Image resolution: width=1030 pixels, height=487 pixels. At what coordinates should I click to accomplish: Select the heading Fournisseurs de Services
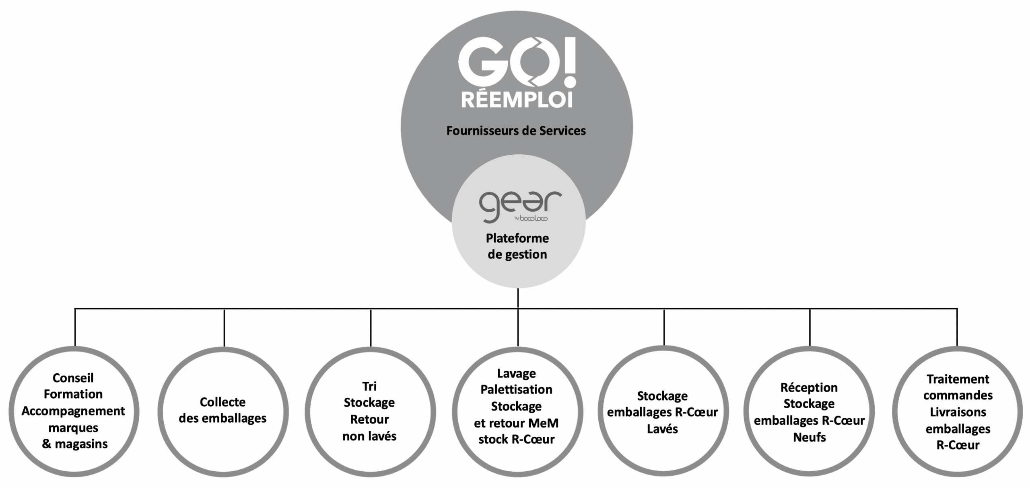pos(516,131)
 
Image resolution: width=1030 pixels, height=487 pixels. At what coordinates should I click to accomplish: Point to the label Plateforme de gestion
pos(517,246)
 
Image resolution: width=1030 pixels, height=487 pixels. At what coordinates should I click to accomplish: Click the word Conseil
pos(73,378)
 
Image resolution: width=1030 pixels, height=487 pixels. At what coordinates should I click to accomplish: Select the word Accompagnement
pos(73,411)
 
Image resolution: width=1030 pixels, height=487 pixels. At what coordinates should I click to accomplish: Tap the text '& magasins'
pos(75,444)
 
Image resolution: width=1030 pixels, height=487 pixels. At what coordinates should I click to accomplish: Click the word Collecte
pos(222,402)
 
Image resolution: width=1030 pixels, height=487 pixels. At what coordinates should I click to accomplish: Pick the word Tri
pos(369,386)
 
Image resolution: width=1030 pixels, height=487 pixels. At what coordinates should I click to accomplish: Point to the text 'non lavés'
pos(369,436)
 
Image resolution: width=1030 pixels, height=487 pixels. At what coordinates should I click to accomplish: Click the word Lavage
pos(517,373)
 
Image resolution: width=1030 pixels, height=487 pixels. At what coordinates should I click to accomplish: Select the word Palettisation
pos(517,389)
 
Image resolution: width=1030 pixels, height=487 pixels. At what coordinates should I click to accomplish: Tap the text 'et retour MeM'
pos(517,423)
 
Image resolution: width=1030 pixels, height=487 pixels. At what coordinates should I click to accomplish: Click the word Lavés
pos(662,429)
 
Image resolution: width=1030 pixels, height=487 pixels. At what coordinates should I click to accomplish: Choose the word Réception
pos(809,387)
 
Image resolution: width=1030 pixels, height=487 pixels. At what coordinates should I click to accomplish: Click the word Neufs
pos(809,437)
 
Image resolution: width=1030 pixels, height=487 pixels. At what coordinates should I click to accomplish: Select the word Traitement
pos(958,379)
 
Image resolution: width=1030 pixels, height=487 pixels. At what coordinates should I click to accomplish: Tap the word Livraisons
pos(958,412)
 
